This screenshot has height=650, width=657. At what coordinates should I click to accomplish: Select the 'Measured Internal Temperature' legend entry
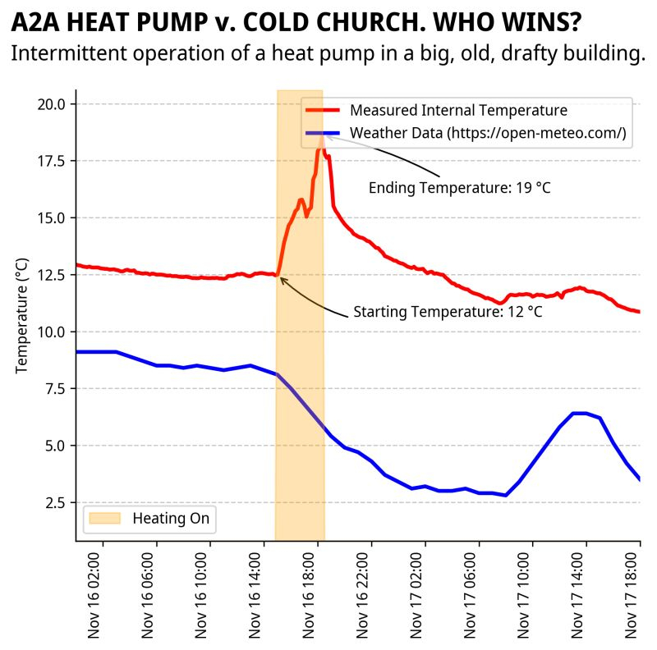(458, 110)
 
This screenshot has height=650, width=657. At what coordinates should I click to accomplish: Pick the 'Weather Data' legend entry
(488, 133)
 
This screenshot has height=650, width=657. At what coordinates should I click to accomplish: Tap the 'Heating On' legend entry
(171, 519)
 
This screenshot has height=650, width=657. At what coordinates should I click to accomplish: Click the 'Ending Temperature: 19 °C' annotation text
(459, 188)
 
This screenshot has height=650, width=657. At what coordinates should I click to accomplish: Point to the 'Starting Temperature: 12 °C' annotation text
(448, 312)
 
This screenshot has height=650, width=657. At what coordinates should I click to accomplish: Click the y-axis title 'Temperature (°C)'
(22, 315)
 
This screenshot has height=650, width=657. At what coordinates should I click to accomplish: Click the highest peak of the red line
(321, 134)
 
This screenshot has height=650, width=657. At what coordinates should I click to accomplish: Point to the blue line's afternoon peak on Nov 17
(580, 413)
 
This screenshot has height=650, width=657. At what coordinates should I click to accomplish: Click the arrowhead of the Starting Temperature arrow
(281, 278)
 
